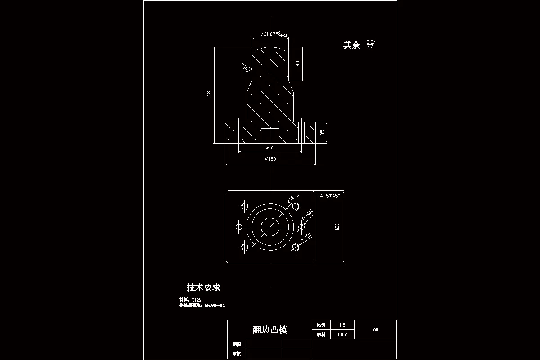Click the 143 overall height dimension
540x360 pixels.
pos(208,95)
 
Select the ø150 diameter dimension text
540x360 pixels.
pos(271,159)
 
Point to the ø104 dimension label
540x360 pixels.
pos(271,148)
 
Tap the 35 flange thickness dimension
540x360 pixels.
pos(322,133)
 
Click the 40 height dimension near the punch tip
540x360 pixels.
pos(297,63)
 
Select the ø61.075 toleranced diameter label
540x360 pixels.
pos(274,34)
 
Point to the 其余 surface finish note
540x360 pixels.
pos(351,45)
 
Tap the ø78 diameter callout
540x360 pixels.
pos(291,199)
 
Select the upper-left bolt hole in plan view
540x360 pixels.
pos(245,207)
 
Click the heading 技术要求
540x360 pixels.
pos(204,287)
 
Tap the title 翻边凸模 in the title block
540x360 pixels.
pos(270,330)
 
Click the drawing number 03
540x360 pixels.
pos(375,330)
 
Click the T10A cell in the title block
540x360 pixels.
pos(342,335)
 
